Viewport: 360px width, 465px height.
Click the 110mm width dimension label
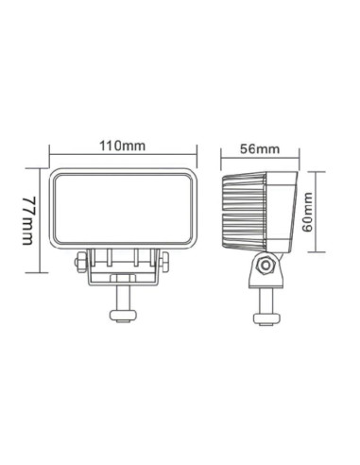tap(124, 145)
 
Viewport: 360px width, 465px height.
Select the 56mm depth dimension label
tap(262, 147)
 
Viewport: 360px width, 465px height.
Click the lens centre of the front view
tap(124, 211)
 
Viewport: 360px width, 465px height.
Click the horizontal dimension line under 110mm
tap(124, 157)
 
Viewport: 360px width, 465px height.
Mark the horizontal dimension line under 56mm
tap(262, 159)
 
